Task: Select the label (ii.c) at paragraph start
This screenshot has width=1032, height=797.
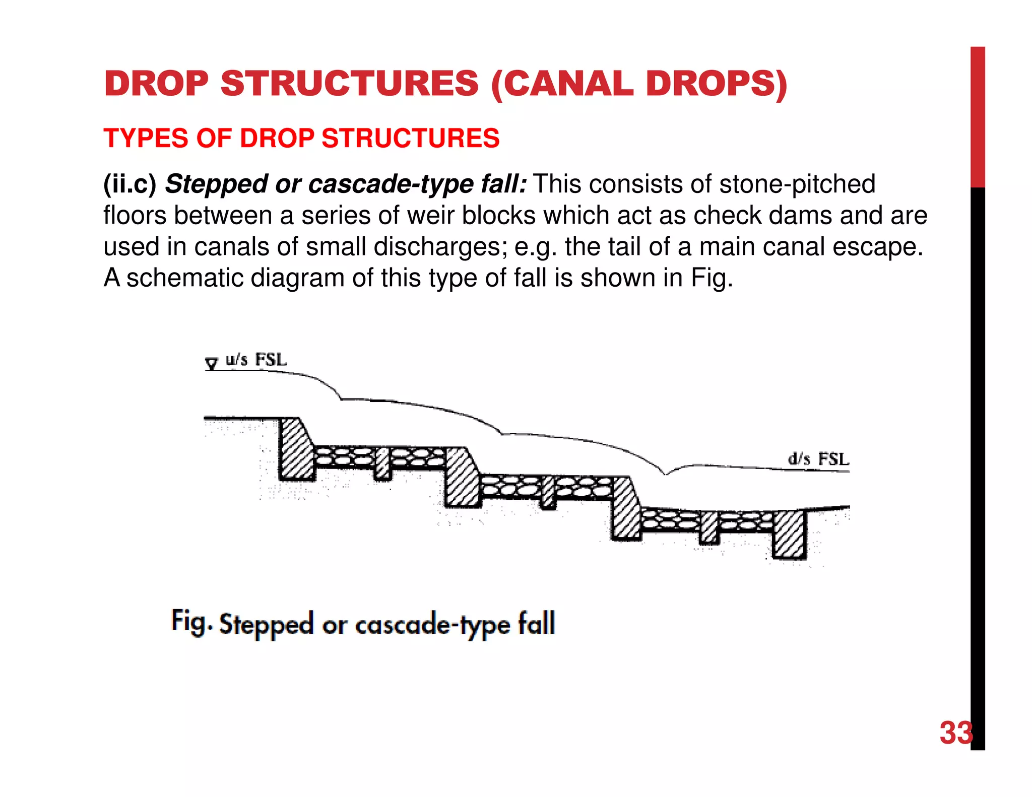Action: coord(130,184)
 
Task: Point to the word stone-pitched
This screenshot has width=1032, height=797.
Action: coord(797,184)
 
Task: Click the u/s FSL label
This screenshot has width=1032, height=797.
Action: coord(255,360)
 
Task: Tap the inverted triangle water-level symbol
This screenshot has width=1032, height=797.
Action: coord(212,363)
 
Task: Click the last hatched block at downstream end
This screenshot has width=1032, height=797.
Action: coord(789,534)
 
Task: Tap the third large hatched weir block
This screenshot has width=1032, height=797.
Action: coord(625,509)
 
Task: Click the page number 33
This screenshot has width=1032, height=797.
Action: coord(955,733)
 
